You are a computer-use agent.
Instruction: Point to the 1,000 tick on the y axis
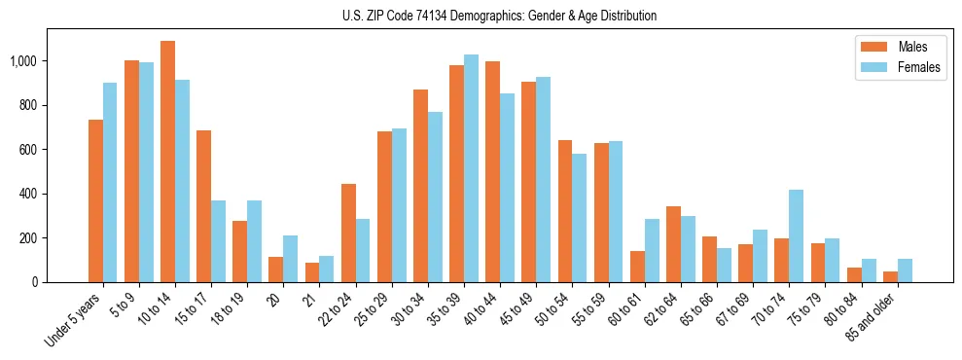click(x=22, y=61)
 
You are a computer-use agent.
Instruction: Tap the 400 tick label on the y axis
click(x=28, y=194)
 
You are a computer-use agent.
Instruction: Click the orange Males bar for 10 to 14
click(x=168, y=162)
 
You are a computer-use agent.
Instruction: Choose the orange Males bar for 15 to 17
click(x=204, y=206)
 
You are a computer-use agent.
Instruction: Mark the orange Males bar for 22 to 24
click(x=348, y=233)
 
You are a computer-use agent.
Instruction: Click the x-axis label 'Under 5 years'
click(x=74, y=321)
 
